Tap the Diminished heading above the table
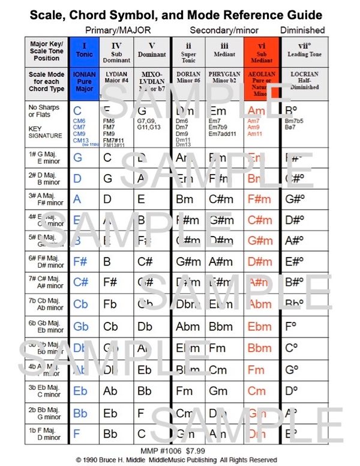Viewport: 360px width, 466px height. coord(302,29)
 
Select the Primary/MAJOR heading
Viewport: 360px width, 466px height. coord(118,29)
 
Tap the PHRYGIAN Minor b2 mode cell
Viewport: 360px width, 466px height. coord(224,80)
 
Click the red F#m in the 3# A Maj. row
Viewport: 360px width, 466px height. coord(260,199)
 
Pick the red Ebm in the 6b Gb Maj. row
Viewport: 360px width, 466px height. coord(260,327)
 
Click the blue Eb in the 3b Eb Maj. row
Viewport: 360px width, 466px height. coord(80,391)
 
